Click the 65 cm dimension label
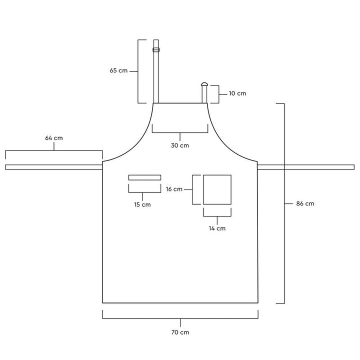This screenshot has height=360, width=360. pos(119,71)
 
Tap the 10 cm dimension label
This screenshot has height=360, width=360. pos(237,93)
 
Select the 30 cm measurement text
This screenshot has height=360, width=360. pos(180,145)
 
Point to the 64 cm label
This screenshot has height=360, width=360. pos(54,137)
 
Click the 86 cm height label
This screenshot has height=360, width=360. pos(305,203)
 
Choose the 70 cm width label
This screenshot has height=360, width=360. pos(180,332)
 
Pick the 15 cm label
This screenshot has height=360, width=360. pos(142,204)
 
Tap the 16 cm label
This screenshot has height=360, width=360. pos(173,189)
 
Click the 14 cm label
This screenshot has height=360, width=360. pos(217,228)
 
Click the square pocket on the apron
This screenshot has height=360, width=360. pos(217,189)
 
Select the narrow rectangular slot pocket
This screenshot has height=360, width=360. pos(144,177)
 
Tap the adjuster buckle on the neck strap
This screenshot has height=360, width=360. pos(156,49)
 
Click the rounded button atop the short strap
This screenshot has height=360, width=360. pos(204,84)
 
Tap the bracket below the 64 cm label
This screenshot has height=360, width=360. pos(54,151)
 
